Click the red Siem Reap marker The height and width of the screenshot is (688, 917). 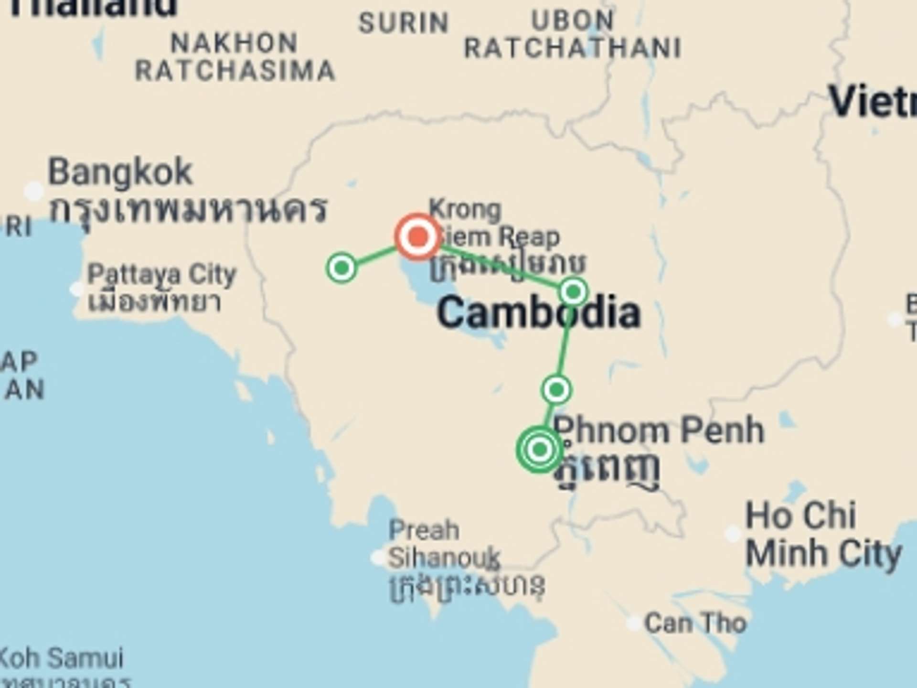point(418,236)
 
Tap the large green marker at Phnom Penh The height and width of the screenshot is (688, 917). point(540,449)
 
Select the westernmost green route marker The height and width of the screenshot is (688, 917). point(342,268)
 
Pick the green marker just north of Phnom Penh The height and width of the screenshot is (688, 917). point(556,390)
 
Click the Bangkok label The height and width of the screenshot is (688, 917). point(120,172)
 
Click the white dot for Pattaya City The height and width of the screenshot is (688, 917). point(76,289)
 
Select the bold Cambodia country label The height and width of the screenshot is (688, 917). point(538,313)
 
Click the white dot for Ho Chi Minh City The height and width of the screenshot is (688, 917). point(733,534)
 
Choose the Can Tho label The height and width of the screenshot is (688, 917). point(695,623)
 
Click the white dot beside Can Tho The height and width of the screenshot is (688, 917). point(634,623)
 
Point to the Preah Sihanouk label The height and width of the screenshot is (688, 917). point(444,544)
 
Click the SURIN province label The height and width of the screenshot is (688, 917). point(404,23)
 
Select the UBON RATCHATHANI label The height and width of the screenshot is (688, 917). point(573,34)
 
